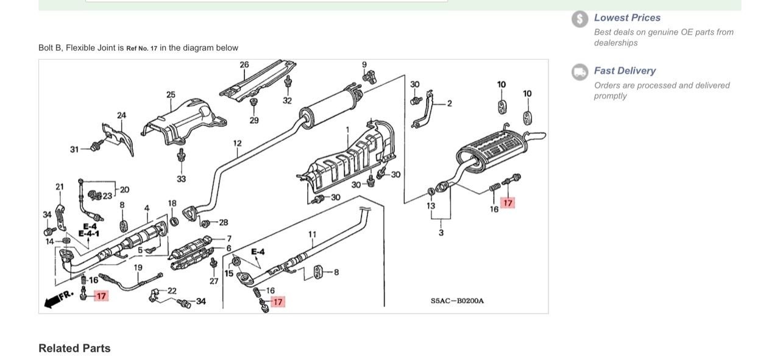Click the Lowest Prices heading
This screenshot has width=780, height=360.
(627, 18)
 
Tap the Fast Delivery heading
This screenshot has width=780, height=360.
(625, 71)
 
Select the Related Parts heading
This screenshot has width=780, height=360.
(74, 348)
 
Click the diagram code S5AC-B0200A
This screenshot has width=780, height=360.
(457, 301)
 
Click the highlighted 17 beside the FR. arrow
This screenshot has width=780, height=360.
(101, 296)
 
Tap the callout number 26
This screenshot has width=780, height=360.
(244, 65)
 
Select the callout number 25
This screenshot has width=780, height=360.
(171, 94)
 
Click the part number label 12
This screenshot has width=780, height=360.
(237, 143)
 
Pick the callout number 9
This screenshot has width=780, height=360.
(364, 65)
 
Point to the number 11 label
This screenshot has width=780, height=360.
(312, 234)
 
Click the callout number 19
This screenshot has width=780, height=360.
(138, 267)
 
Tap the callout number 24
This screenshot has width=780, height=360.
(122, 115)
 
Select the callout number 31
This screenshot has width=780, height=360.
(74, 149)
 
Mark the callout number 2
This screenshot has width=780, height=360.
(449, 104)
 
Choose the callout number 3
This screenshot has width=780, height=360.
(441, 233)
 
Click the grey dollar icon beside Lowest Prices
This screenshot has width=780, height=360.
(580, 19)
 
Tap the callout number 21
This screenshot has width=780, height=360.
(60, 186)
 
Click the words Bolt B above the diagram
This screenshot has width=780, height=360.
(49, 48)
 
